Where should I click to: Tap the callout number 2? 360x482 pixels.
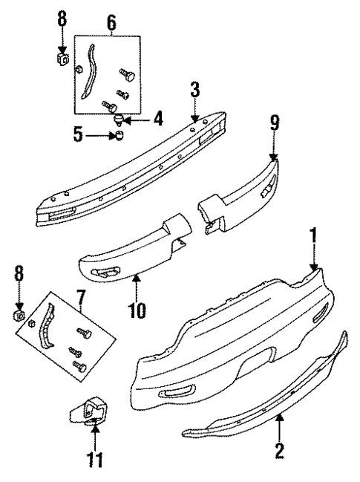point(280,450)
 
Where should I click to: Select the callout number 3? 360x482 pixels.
point(194,91)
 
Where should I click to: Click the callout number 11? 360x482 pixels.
point(94,460)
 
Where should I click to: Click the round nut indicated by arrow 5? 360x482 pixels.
point(117,135)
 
